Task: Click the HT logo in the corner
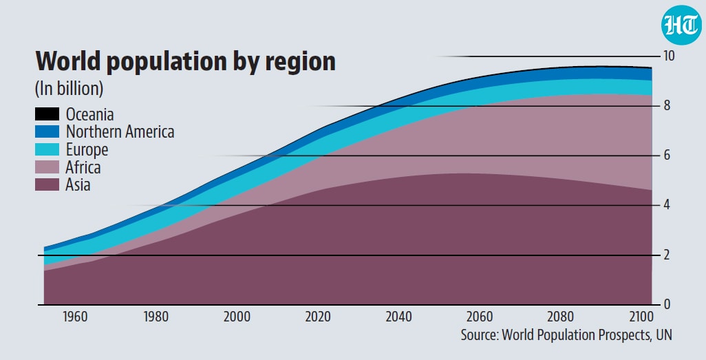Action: (682, 25)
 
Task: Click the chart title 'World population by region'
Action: (186, 61)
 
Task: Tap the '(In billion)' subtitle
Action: (69, 88)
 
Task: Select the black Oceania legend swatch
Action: (47, 114)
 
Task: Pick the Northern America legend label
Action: (120, 131)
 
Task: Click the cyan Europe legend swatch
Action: (47, 149)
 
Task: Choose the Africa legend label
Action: (83, 167)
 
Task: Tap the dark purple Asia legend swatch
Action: (47, 184)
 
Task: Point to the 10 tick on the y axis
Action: (669, 56)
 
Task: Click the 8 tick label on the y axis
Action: (667, 105)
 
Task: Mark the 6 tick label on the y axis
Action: (667, 155)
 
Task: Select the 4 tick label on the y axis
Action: (667, 204)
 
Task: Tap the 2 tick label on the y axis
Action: (667, 255)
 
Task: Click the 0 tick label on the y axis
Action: (667, 304)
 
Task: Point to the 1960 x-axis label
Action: (75, 317)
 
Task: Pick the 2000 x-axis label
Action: (237, 317)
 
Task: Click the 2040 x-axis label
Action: (398, 317)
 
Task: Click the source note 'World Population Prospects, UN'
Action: (587, 335)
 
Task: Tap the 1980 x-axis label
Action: (156, 317)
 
